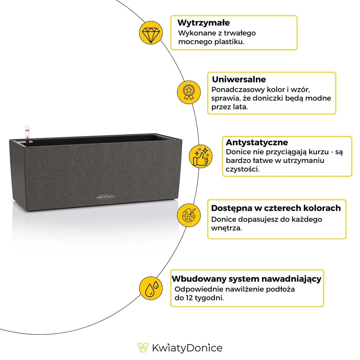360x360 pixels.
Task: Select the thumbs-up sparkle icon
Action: (200, 156)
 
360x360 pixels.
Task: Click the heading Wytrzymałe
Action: (203, 23)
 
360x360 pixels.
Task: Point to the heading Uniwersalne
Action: (239, 79)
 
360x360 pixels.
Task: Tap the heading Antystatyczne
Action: (256, 142)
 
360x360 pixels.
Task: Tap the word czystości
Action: (242, 169)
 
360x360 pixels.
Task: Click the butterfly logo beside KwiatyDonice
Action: (143, 348)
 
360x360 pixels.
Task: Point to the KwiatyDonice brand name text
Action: (187, 348)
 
